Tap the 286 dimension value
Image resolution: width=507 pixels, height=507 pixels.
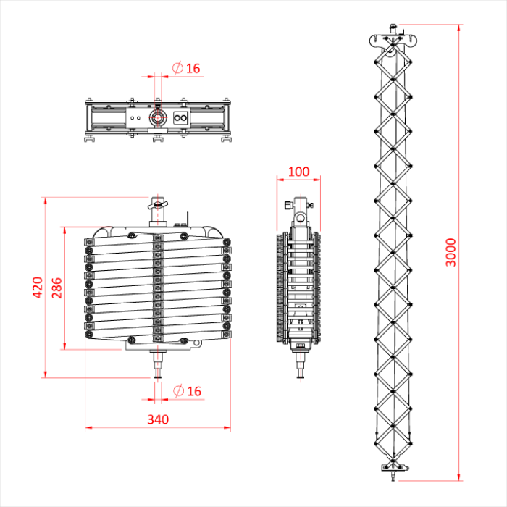pos(57,287)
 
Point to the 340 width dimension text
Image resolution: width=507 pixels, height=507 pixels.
pos(158,419)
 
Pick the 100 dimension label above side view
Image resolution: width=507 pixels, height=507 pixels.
pos(298,172)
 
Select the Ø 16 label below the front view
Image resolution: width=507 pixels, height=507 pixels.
pos(186,391)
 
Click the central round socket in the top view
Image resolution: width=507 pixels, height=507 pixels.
pos(156,117)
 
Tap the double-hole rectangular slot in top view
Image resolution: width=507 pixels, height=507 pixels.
pos(180,117)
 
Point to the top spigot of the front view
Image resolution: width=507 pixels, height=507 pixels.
pos(156,206)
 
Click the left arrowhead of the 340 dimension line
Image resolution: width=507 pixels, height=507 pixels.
pos(88,427)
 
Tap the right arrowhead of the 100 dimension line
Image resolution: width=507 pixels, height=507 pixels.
pos(317,181)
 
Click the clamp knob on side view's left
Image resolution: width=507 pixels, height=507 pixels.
pos(288,205)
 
